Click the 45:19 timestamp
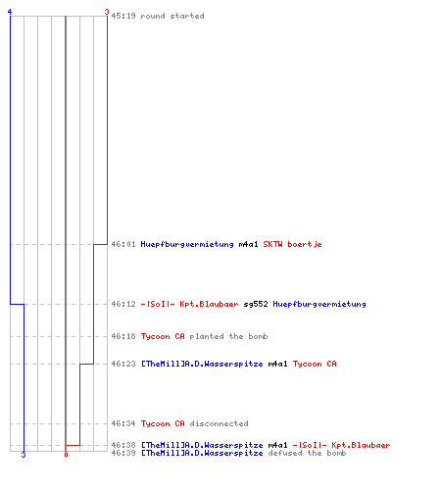coord(123,16)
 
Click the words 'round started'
coord(172,16)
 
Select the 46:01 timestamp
coord(123,244)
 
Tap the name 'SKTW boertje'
coord(292,244)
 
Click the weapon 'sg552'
coord(256,304)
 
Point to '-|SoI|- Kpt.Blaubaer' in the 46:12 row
coord(189,304)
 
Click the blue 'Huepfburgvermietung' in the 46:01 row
coord(187,244)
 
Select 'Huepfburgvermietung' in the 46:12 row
coord(319,304)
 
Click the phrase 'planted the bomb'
coord(228,336)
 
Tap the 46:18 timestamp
coord(123,336)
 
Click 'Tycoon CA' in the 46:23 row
coord(315,364)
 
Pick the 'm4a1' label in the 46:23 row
coord(277,364)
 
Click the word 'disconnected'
coord(219,423)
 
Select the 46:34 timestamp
coord(123,423)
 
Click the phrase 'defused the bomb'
coord(307,453)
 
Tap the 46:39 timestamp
coord(123,453)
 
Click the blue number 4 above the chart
coord(10,12)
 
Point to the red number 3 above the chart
coord(107,12)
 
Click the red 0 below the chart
coord(66,455)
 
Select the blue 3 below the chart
coord(24,455)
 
